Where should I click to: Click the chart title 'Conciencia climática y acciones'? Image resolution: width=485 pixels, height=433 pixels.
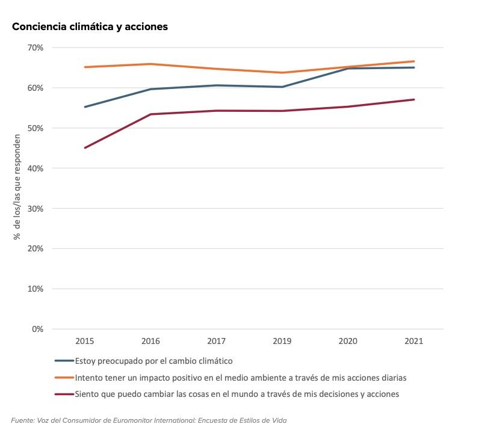[89, 26]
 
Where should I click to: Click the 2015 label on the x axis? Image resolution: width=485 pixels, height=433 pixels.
[84, 341]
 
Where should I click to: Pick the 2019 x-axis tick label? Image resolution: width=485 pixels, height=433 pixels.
[282, 341]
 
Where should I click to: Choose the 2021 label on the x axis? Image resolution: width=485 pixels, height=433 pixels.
[414, 341]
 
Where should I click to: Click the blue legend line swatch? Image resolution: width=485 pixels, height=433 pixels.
[64, 361]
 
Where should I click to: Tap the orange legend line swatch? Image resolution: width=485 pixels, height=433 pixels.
[64, 378]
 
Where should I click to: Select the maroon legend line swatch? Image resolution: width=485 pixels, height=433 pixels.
[64, 395]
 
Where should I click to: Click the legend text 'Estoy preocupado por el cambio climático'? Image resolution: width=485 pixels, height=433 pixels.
[154, 361]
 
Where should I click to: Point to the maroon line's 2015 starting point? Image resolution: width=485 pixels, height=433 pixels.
[85, 147]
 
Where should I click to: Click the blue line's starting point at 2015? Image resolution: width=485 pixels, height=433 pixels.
[85, 106]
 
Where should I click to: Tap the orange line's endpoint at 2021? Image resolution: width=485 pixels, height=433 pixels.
[414, 61]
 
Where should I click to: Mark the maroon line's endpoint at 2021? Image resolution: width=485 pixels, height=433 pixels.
[414, 100]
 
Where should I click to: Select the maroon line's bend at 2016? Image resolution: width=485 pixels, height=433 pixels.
[150, 114]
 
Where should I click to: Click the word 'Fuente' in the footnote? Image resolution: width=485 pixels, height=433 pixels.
[23, 420]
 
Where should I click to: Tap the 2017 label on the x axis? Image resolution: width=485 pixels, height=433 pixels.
[216, 341]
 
